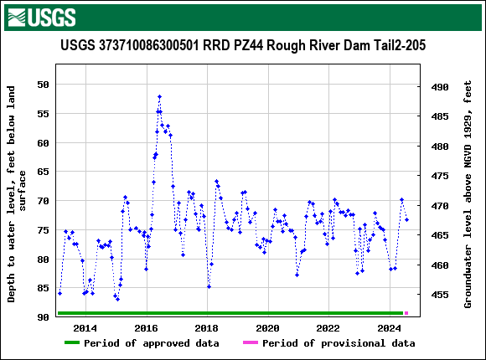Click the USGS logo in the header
pos(41,17)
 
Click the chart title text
pos(242,46)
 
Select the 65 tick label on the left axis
pos(41,172)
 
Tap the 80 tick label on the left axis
pos(41,260)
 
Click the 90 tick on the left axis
pos(41,317)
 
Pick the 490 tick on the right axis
pos(440,87)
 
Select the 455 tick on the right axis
pos(440,295)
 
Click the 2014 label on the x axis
pos(85,327)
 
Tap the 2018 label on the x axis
pos(207,327)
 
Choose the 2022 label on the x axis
pos(328,327)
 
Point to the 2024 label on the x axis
pos(389,327)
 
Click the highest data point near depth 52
pos(159,97)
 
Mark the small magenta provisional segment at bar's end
pos(406,313)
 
